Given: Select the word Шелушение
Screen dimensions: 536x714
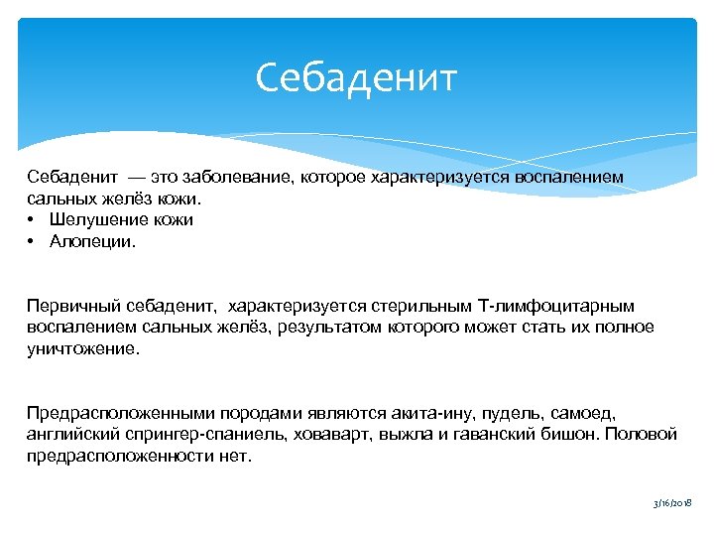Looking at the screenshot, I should [97, 219].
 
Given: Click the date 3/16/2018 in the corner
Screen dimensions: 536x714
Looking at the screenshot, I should [671, 504].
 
